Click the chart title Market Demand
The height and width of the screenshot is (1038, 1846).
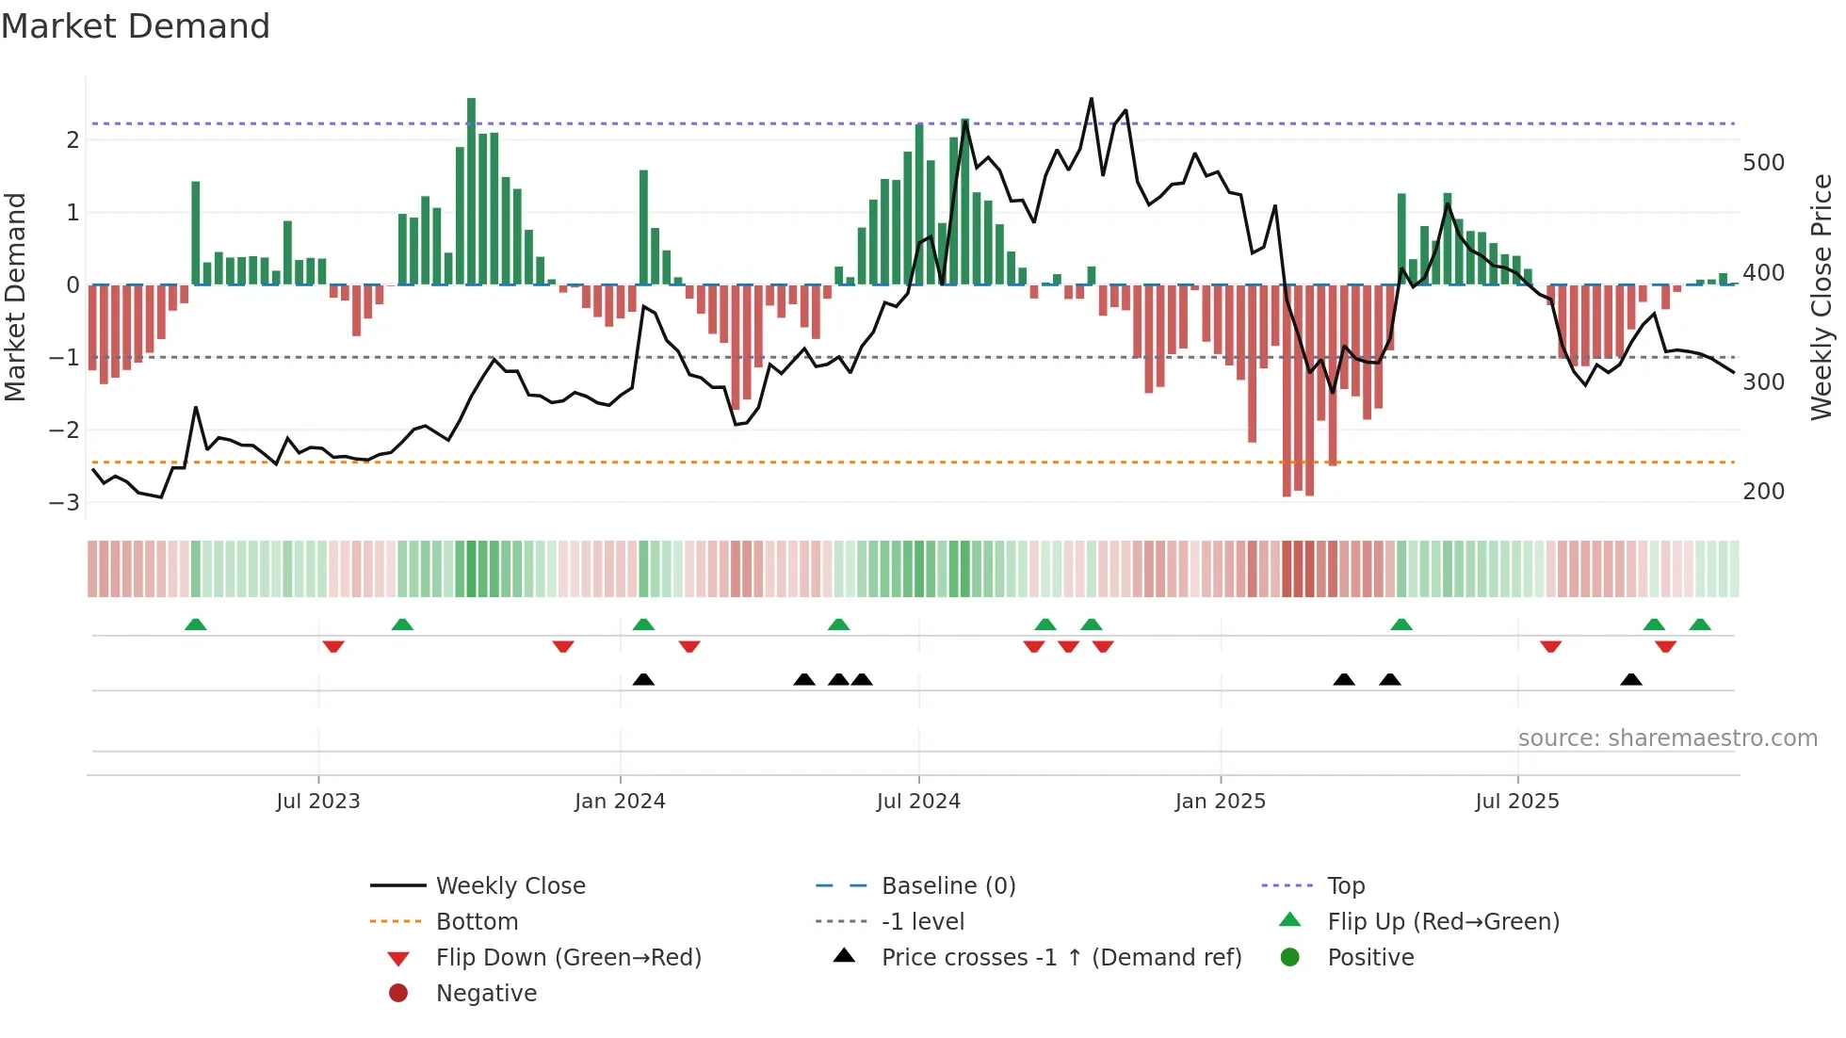tap(136, 26)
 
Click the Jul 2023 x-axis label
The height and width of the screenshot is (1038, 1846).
tap(318, 802)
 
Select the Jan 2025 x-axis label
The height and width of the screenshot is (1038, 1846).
tap(1221, 802)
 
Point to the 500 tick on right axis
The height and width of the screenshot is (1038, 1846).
tap(1763, 163)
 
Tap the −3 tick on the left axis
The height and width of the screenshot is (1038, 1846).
tap(65, 502)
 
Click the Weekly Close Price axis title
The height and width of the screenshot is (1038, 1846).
tap(1822, 297)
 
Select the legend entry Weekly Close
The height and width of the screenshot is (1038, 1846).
tap(510, 886)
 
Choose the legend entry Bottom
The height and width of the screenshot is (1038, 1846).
tap(477, 922)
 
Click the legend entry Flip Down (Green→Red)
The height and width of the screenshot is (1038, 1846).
tap(568, 958)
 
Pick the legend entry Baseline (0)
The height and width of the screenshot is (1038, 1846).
tap(948, 886)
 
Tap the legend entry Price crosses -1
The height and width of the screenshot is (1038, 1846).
tap(1061, 958)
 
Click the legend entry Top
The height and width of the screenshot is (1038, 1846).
tap(1346, 886)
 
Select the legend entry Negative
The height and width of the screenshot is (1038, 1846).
tap(486, 994)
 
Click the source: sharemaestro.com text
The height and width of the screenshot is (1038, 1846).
tap(1667, 738)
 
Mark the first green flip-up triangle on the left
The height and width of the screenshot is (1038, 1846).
tap(195, 624)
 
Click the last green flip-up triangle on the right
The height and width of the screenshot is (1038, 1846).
tap(1700, 624)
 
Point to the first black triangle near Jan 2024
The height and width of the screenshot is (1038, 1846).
tap(643, 679)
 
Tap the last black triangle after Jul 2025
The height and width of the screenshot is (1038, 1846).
tap(1631, 679)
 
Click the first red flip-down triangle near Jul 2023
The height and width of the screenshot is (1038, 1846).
tap(333, 646)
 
